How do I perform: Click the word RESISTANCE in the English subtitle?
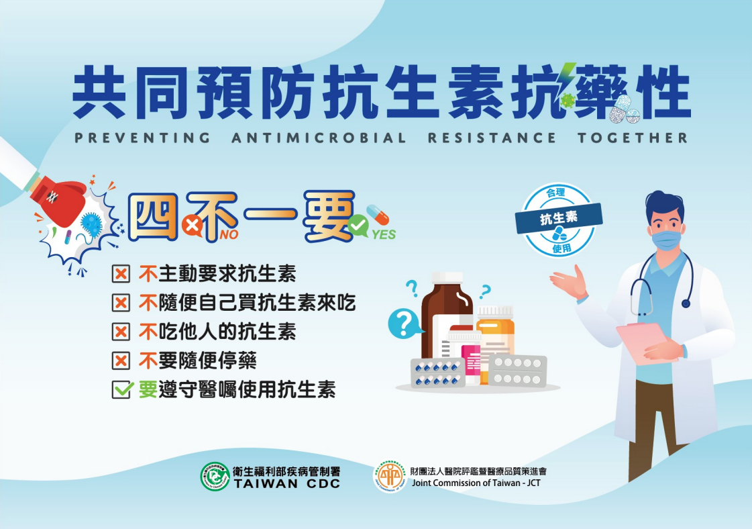click(492, 138)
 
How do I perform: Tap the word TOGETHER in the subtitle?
click(633, 138)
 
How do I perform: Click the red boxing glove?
click(58, 199)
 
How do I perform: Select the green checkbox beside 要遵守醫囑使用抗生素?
click(122, 389)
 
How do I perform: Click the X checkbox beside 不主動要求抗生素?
click(121, 274)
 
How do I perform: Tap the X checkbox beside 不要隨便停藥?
click(121, 360)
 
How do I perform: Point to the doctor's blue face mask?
click(667, 239)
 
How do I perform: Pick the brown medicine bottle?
click(445, 313)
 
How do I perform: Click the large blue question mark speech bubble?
click(405, 323)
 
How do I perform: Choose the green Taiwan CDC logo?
click(215, 476)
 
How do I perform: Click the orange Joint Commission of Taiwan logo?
click(390, 477)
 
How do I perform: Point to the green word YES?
click(384, 235)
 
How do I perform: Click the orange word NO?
click(229, 235)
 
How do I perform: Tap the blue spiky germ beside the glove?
click(92, 223)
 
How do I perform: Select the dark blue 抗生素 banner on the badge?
click(559, 218)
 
